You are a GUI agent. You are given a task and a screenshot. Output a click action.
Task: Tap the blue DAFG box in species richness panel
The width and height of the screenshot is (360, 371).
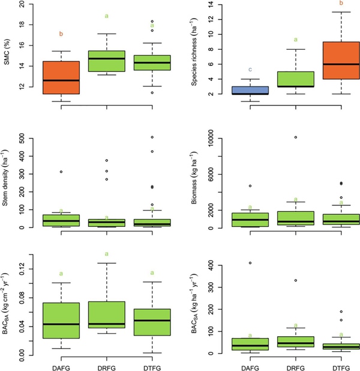tap(250, 90)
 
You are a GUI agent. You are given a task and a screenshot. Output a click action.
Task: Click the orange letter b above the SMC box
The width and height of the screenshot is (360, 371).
tap(61, 34)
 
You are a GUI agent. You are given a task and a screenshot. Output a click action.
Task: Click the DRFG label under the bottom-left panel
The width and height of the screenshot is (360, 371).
tap(106, 364)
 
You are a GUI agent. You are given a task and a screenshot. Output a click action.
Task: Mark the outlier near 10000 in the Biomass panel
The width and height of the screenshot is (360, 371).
tap(296, 137)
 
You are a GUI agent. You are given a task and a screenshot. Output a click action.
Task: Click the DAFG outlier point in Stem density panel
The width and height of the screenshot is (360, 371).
tap(61, 172)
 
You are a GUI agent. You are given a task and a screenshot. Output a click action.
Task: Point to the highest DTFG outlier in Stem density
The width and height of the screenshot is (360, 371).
tap(152, 137)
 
